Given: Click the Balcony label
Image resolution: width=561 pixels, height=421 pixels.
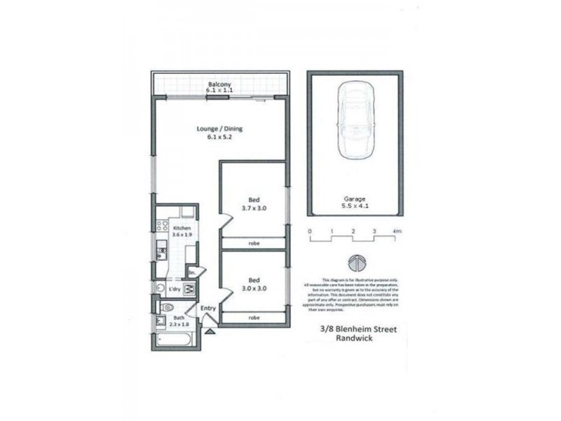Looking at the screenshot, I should coord(219,84).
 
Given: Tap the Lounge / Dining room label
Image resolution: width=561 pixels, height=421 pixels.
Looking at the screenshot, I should coord(219,128).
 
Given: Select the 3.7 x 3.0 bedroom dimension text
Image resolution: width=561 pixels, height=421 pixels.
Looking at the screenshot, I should coord(254,208).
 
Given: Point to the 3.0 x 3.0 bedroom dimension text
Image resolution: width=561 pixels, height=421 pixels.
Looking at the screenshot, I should coord(254,288).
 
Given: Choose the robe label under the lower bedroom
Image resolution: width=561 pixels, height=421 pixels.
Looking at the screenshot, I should coord(254,317).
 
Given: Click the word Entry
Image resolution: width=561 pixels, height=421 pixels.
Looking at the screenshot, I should coord(208,309).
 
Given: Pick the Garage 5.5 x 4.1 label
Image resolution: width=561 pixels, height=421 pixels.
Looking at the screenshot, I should coord(356,203).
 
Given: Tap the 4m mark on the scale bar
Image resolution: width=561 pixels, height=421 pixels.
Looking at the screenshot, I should coord(396,231).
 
